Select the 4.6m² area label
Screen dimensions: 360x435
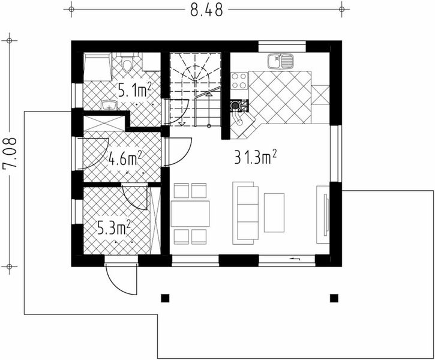click(125, 159)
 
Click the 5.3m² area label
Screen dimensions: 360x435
click(115, 227)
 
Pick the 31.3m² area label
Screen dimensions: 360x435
click(255, 157)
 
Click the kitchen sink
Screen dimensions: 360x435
click(280, 61)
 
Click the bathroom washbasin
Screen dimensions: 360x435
click(109, 106)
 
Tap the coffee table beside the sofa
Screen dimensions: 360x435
click(274, 212)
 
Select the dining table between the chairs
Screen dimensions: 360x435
click(190, 214)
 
